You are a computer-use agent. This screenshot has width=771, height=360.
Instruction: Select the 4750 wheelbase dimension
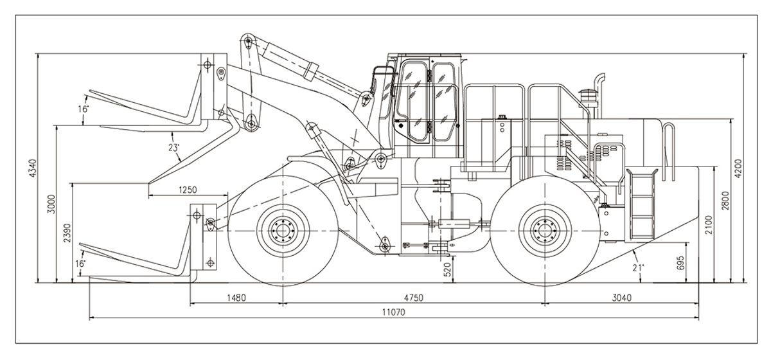point(414,298)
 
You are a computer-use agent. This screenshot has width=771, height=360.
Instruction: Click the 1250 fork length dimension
point(188,190)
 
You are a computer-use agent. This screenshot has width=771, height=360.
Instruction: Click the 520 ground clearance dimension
point(448,269)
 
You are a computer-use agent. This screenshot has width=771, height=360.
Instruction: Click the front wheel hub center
point(283,230)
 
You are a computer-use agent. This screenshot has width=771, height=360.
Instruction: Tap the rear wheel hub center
point(544,230)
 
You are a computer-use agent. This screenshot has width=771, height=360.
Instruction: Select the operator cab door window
point(411,96)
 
